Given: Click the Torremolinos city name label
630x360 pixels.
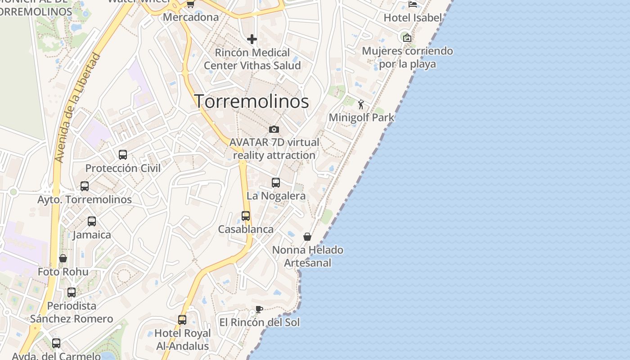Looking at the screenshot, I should pos(252,101).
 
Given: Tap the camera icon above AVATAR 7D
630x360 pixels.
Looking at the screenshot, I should pos(274,130).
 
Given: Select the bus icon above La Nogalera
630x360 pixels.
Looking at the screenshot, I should pos(276,182).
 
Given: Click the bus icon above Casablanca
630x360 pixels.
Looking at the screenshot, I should pos(246,216).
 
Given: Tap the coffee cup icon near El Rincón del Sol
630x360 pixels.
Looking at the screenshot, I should pos(259,309).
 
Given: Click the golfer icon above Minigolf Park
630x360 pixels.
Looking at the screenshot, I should pos(361,104).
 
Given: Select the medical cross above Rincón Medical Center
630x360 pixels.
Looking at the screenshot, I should pos(252,40).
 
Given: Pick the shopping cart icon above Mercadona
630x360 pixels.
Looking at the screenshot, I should pos(190,4).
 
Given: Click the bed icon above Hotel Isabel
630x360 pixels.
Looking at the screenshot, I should pos(413,4).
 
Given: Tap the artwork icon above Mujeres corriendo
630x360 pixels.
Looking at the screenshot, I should pos(407,38).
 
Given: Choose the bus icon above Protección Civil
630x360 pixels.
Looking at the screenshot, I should pos(123,155).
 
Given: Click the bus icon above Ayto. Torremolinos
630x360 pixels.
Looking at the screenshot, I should pos(85,186).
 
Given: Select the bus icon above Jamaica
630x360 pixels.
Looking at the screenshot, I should pos(92,221).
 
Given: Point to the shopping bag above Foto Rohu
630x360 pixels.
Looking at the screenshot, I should pos(63,258).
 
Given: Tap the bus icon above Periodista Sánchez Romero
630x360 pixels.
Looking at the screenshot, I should pos(72,292).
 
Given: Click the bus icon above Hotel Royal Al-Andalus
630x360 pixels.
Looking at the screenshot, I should pos(182,320).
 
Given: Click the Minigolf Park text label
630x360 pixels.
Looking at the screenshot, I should pos(361,118).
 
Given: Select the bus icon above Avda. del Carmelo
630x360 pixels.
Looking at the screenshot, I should pos(56,343).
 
